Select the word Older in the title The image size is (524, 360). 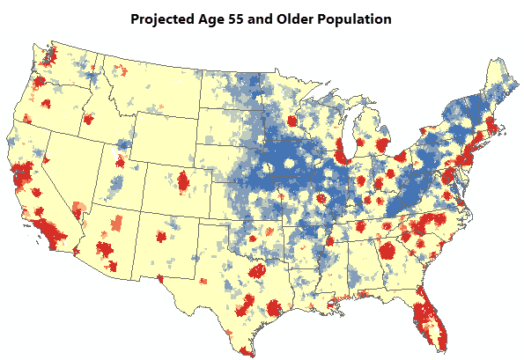coord(299,18)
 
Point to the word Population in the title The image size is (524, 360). coord(358,18)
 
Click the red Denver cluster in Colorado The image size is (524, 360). coord(183,182)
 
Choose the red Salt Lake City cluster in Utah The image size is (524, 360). coord(121,162)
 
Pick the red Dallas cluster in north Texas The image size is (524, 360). coord(257,270)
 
